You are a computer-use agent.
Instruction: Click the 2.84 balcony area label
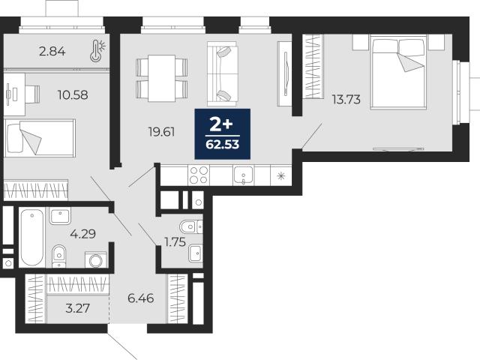tap(52, 51)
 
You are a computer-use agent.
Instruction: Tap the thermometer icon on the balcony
tap(98, 51)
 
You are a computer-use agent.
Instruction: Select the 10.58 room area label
tap(73, 95)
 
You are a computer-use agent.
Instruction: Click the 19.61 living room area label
tap(162, 132)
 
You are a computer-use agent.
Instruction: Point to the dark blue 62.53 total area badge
tap(223, 133)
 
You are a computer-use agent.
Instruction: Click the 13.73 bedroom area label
tap(346, 100)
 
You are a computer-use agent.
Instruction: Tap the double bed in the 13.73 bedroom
tap(398, 72)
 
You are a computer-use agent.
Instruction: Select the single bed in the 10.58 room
tap(40, 138)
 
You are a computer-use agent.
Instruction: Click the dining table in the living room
tap(162, 78)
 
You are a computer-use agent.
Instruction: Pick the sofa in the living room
tap(223, 74)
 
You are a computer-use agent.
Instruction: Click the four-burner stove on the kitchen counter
tap(199, 175)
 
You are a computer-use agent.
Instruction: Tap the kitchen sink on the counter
tap(243, 175)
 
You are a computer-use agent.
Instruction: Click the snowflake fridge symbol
tap(280, 176)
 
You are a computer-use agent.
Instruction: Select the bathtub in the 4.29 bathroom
tap(32, 237)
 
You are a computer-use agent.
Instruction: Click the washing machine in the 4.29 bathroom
tap(96, 260)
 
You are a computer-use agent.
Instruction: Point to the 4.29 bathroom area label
tap(82, 234)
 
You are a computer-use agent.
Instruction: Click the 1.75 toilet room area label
tap(175, 242)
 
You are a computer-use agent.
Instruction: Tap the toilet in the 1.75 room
tap(191, 226)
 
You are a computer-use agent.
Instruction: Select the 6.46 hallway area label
tap(141, 298)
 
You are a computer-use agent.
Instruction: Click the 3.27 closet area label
tap(78, 308)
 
